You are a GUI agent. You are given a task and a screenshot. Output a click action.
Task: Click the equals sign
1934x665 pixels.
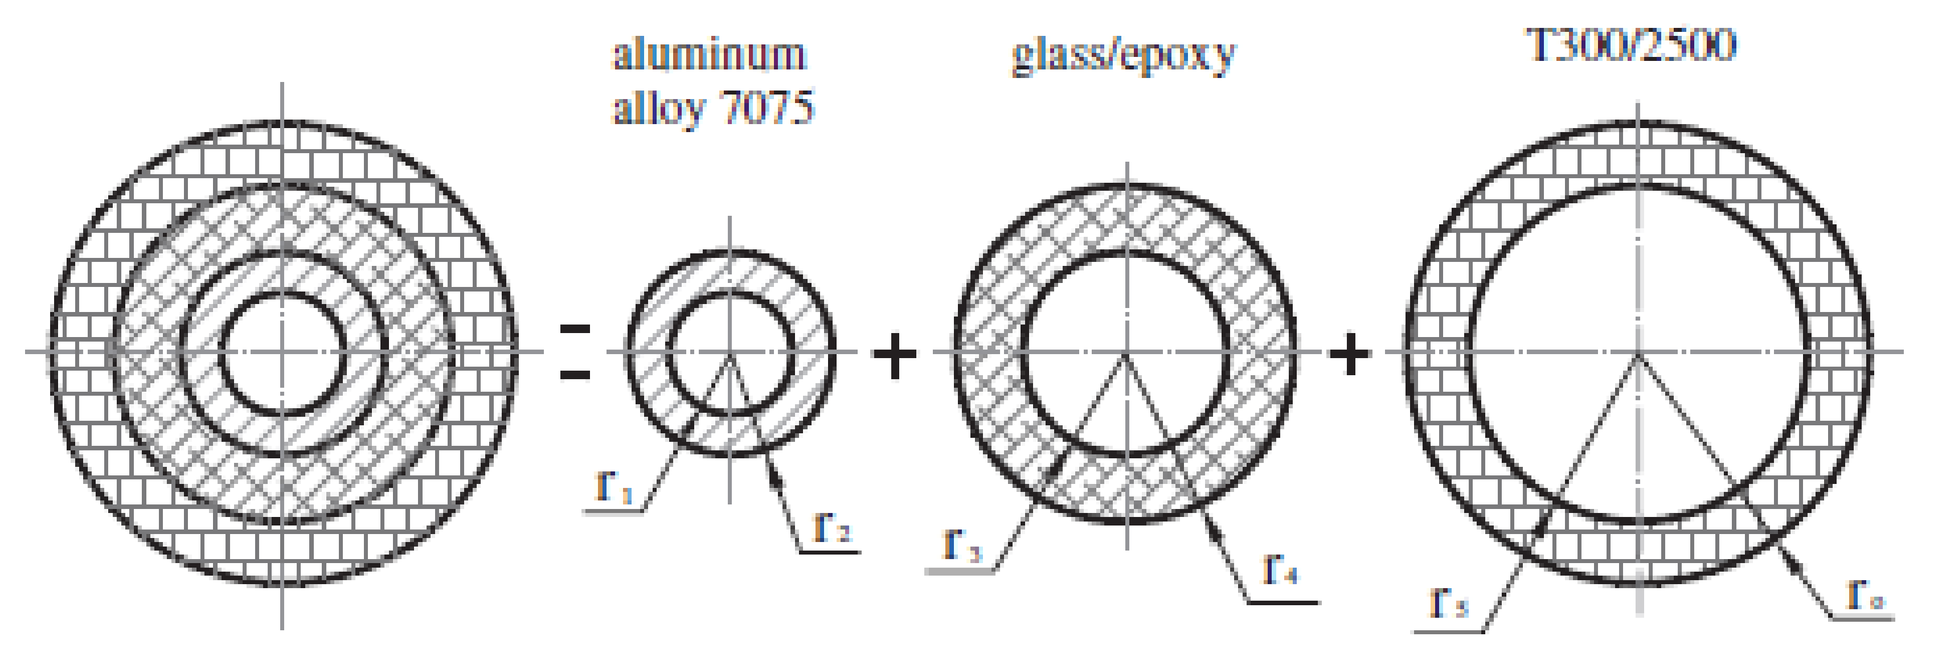pyautogui.click(x=575, y=351)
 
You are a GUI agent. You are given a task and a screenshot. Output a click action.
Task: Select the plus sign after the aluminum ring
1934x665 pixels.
pyautogui.click(x=894, y=354)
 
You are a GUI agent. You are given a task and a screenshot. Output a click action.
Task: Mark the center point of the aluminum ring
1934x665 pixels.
pyautogui.click(x=730, y=351)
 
